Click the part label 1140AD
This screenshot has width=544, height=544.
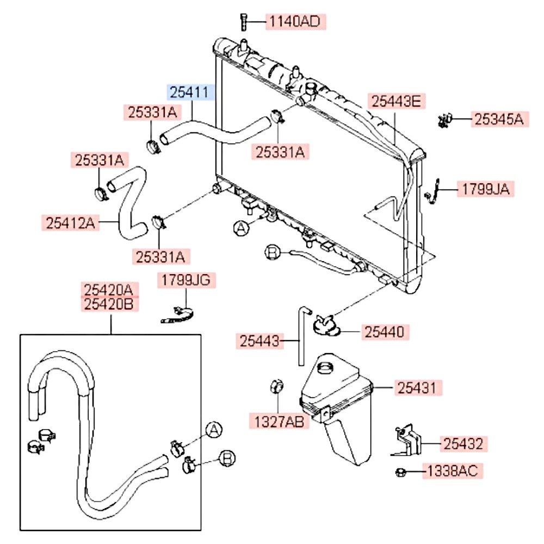(295, 22)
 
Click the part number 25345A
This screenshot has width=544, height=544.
(499, 120)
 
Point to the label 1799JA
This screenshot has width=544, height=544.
(486, 189)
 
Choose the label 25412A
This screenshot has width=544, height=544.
(70, 222)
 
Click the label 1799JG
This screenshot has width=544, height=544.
(186, 280)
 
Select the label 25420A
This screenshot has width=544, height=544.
(110, 289)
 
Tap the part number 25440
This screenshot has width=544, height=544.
(384, 331)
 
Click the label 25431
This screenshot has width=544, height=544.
(417, 388)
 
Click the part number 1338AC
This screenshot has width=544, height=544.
(453, 471)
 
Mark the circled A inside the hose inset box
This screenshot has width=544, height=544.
(214, 430)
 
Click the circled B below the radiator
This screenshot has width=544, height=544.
(272, 251)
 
